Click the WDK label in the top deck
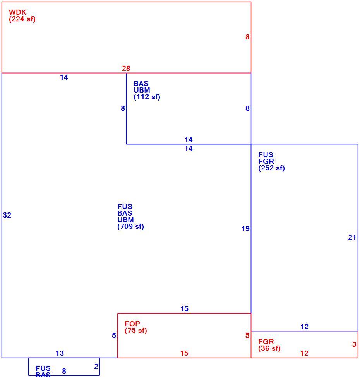[17, 12]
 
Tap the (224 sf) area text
[22, 19]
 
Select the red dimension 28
[126, 69]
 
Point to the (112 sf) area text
[147, 97]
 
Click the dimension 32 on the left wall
[7, 215]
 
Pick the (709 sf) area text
[130, 226]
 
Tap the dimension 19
[245, 229]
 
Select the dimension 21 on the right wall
[352, 238]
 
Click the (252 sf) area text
[271, 168]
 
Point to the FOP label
[132, 324]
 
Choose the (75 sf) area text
[135, 330]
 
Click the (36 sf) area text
[269, 348]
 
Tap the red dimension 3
[354, 344]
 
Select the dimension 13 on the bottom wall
[60, 353]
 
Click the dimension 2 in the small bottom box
[96, 367]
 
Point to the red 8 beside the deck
[247, 37]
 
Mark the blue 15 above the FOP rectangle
[184, 309]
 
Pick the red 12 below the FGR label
[304, 353]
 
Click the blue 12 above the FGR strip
[304, 327]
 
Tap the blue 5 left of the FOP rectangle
[114, 336]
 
